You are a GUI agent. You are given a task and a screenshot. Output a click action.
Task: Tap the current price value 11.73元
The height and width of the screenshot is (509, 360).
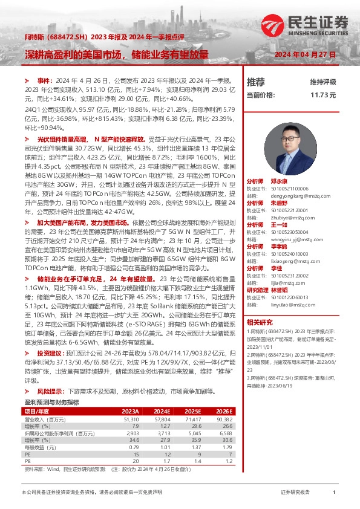pyautogui.click(x=322, y=95)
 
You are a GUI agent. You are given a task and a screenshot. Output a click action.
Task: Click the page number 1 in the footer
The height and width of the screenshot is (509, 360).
pyautogui.click(x=333, y=493)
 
